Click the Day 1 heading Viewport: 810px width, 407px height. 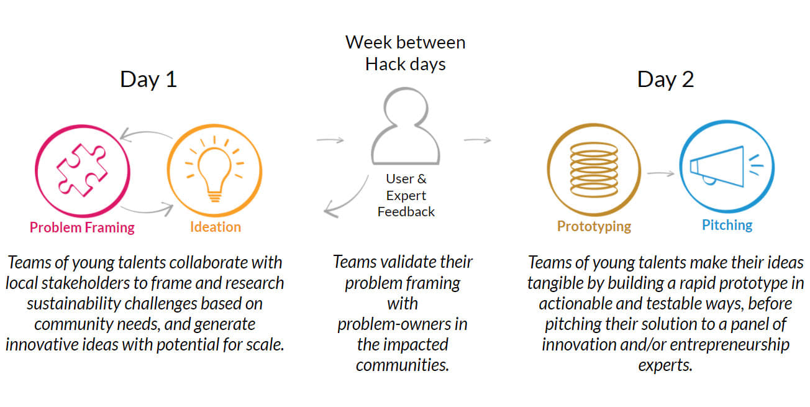point(148,80)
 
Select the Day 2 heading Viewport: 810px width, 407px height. point(665,80)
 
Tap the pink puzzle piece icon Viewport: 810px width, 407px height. point(83,171)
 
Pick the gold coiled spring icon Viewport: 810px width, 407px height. point(594,170)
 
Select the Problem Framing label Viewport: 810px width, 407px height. point(82,227)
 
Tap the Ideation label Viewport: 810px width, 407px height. point(216,227)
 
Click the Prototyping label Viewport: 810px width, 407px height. point(594,226)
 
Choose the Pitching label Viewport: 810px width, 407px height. point(727,225)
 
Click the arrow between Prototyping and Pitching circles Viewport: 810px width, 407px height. point(661,173)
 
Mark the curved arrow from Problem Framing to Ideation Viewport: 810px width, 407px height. point(147,211)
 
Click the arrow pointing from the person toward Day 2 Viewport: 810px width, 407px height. point(477,140)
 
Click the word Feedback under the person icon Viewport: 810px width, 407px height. point(406,212)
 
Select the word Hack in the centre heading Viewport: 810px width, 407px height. point(385,65)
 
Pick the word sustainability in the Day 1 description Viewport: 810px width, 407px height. point(74,304)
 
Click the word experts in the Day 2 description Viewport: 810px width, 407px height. point(665,365)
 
